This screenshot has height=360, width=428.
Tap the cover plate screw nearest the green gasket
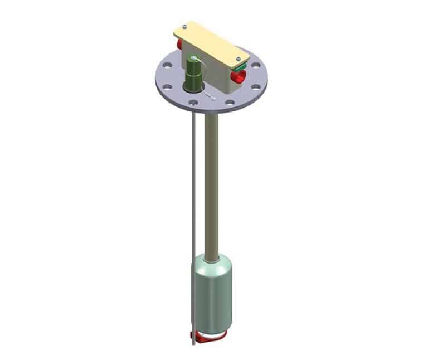pos(238,58)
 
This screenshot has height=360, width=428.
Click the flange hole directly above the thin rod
pos(192,103)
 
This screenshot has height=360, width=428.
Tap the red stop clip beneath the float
pos(210,336)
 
